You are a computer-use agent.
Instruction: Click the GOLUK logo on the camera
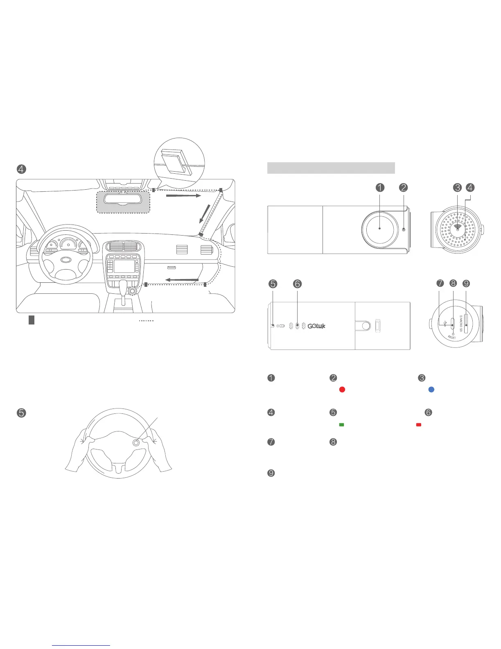316,326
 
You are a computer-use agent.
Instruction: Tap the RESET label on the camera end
452,337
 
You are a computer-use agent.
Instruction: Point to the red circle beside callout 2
342,390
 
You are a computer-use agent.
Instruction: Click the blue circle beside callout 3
431,390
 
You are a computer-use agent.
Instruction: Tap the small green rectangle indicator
341,425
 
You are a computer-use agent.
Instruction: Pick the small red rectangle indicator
418,425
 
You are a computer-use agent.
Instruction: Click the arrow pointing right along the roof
183,196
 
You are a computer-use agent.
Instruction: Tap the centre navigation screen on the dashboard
125,266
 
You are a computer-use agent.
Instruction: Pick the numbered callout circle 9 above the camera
466,283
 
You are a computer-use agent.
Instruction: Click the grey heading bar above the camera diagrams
331,168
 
